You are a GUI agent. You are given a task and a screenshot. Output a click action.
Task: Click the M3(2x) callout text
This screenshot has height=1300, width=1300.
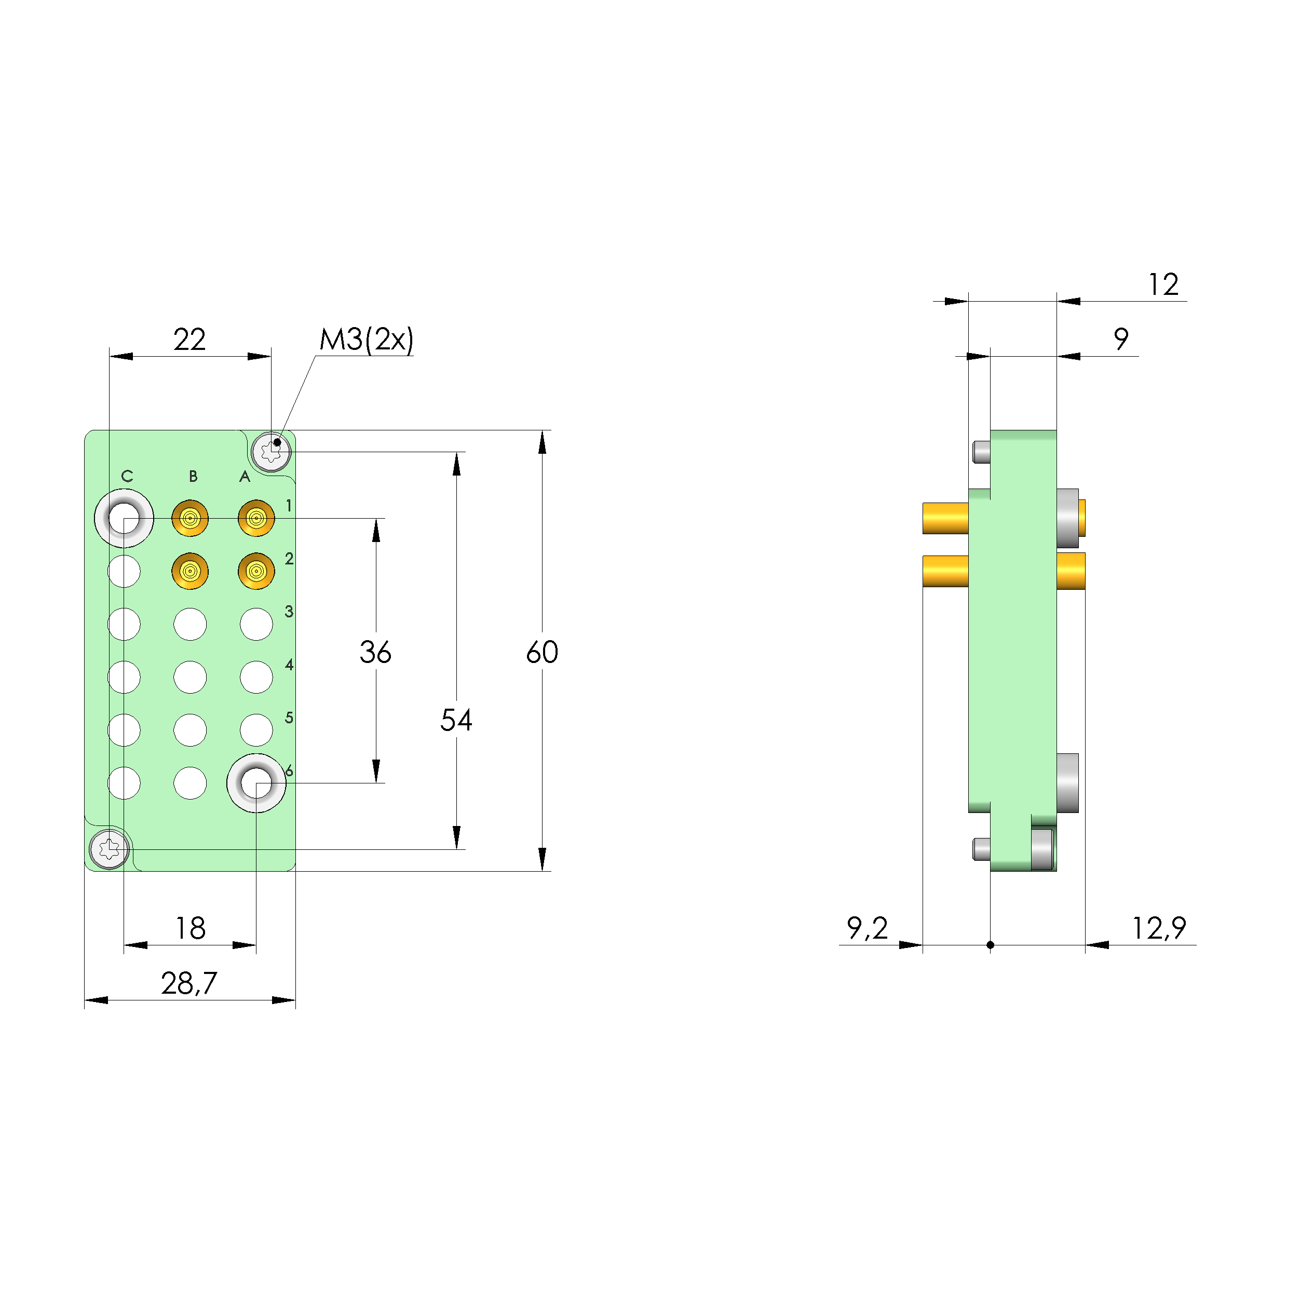click(366, 340)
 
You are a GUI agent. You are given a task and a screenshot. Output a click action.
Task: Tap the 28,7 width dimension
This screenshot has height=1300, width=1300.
click(189, 984)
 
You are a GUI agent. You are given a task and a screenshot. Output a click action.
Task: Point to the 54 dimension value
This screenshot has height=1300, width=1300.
click(456, 720)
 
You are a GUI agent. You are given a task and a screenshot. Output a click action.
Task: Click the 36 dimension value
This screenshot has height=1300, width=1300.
click(375, 652)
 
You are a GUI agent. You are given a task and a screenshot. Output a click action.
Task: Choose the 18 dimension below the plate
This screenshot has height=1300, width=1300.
click(191, 929)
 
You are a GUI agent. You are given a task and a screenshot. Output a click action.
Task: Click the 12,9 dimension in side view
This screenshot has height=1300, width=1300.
click(1158, 929)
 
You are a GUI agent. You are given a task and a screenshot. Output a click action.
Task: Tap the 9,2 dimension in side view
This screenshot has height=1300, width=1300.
click(868, 929)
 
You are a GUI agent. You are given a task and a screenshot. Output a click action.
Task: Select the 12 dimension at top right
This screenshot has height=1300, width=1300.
click(1163, 285)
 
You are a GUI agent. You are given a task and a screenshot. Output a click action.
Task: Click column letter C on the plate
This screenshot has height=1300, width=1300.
click(127, 477)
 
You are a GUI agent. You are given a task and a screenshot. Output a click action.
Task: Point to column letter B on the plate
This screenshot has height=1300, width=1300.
click(193, 477)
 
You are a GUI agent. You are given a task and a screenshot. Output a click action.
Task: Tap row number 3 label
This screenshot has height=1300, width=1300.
click(289, 612)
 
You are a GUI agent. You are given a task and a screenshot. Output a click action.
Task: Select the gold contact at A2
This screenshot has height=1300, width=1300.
click(256, 571)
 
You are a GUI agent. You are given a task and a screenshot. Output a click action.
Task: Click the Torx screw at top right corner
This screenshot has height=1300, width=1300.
click(271, 452)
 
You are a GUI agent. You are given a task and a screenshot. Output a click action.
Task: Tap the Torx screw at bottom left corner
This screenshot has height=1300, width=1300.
click(110, 849)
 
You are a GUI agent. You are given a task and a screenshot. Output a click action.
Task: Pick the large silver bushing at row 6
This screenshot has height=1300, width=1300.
click(256, 782)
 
